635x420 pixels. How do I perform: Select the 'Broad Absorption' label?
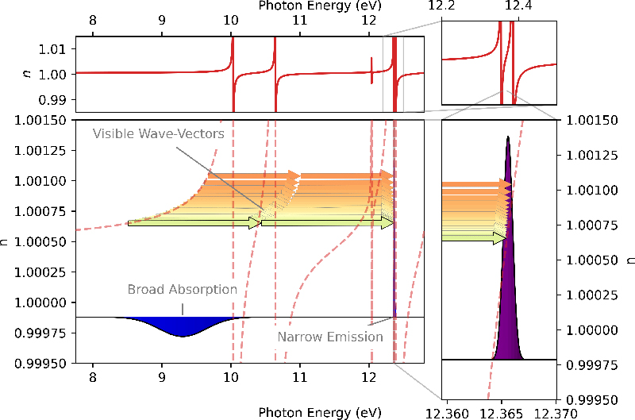tap(182, 290)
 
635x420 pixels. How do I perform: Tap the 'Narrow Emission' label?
tap(330, 337)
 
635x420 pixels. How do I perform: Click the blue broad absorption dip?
tap(183, 326)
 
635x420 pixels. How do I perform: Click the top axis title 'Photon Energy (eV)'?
tap(317, 6)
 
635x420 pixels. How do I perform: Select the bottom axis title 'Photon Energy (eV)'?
tap(317, 412)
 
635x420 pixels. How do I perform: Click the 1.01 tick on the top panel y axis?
tap(52, 49)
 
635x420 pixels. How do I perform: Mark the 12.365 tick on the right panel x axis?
tap(501, 412)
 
